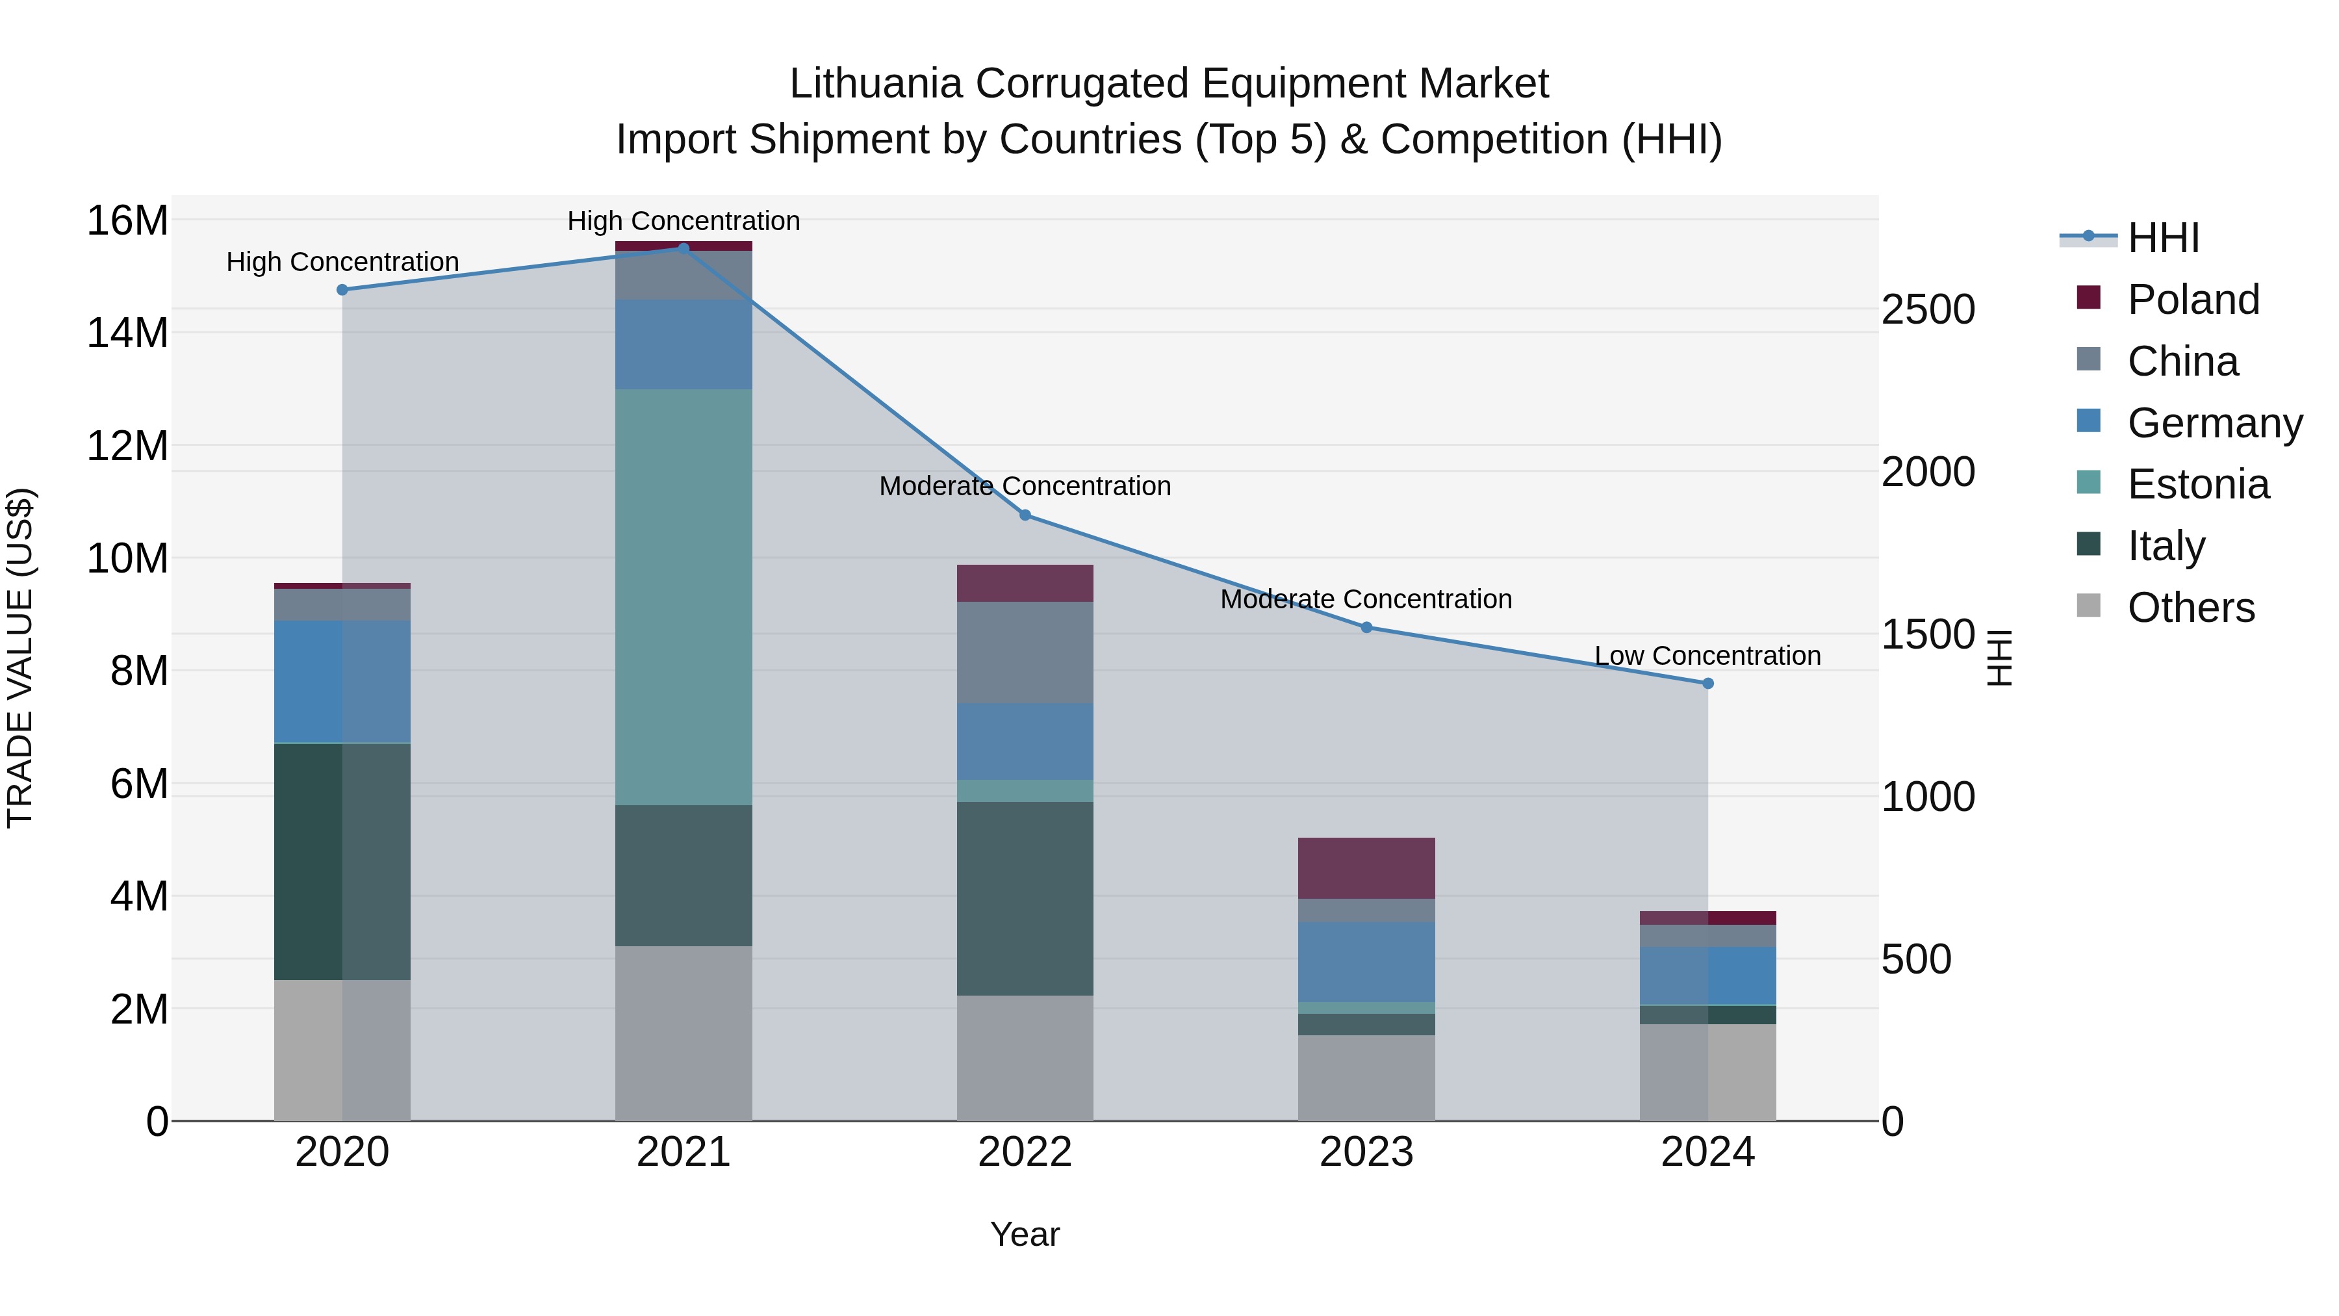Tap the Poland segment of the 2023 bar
[x=1366, y=868]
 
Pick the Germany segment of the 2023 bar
[x=1366, y=961]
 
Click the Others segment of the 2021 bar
[x=683, y=1033]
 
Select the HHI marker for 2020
[x=342, y=290]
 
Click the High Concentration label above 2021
[x=683, y=221]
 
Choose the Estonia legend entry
[x=2197, y=484]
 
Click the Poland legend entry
[x=2192, y=300]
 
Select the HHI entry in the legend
[x=2163, y=238]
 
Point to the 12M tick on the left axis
[x=127, y=446]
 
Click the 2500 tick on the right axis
[x=1927, y=310]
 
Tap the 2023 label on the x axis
[x=1366, y=1152]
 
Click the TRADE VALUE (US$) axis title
[x=20, y=658]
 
